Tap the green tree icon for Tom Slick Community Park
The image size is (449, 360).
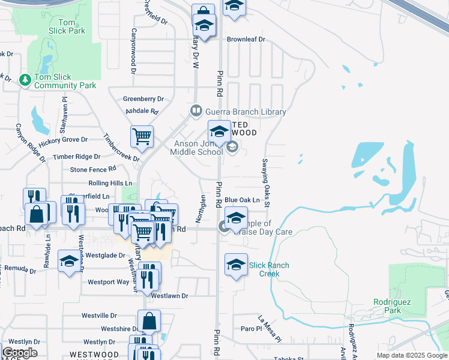pyautogui.click(x=25, y=79)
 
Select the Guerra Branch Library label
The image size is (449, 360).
pyautogui.click(x=246, y=112)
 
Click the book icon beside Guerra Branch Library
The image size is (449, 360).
pyautogui.click(x=196, y=110)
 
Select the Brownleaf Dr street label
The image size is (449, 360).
pyautogui.click(x=246, y=40)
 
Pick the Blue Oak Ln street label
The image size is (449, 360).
pyautogui.click(x=242, y=200)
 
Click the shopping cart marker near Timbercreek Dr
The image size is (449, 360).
pyautogui.click(x=142, y=137)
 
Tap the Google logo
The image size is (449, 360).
pyautogui.click(x=20, y=353)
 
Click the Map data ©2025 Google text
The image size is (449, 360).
pyautogui.click(x=411, y=355)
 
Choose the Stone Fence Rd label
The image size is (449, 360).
pyautogui.click(x=93, y=170)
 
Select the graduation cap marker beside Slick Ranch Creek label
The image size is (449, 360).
pyautogui.click(x=236, y=264)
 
